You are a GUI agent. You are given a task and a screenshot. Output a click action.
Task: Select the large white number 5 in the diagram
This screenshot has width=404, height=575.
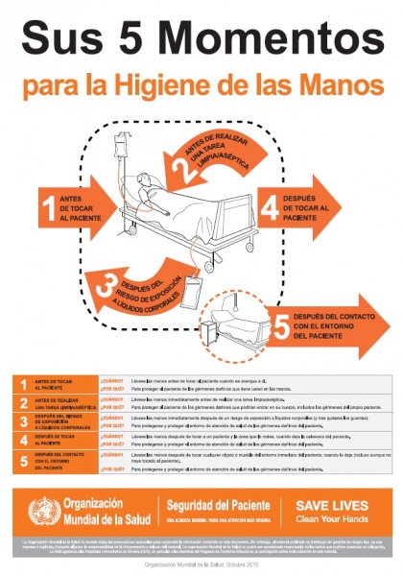280,327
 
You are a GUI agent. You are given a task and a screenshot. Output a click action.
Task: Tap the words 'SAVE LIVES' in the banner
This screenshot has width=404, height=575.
329,502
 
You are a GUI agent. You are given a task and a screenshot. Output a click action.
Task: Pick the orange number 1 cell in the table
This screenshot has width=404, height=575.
23,385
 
